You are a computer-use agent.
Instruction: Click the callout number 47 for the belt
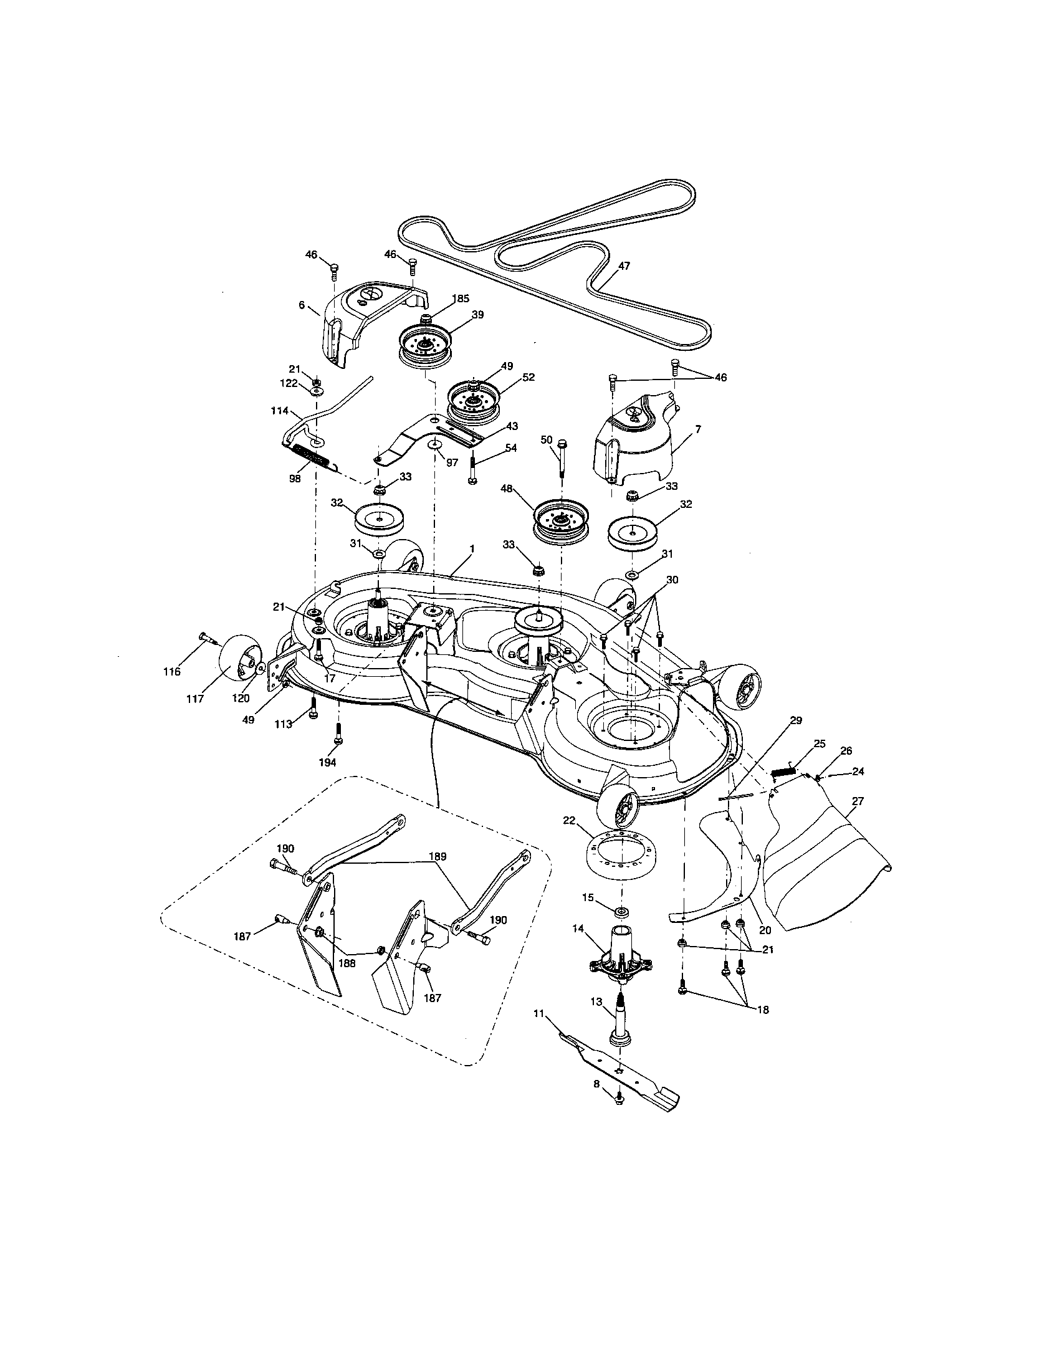623,266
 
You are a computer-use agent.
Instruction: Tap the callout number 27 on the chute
857,801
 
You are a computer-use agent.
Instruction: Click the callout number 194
327,762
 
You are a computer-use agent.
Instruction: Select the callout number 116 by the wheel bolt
171,672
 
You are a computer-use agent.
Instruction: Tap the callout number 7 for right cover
697,429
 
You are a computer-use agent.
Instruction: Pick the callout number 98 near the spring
295,479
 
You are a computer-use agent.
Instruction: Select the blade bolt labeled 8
618,1115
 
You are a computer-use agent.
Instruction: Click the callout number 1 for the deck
471,548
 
